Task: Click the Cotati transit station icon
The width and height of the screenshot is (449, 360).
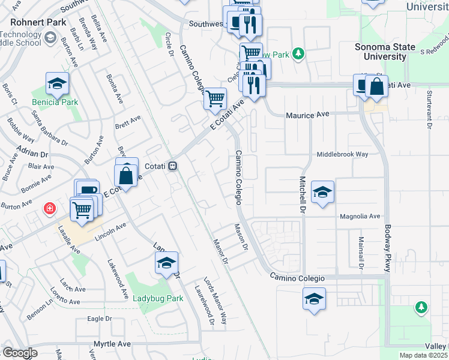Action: coord(172,166)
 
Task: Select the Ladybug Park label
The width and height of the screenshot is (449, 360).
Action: coord(157,298)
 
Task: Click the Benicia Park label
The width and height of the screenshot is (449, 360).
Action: coord(55,102)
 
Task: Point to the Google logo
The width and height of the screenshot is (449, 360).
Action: coord(20,353)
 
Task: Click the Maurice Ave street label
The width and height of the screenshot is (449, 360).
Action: coord(308,114)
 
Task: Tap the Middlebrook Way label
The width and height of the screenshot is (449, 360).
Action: coord(342,154)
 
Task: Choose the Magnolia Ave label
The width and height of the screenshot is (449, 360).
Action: coord(360,216)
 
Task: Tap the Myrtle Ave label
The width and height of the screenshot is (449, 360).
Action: coord(112,344)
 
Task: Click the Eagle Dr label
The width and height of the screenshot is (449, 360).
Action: coord(100,319)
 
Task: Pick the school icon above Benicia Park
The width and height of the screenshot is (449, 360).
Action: coord(57,83)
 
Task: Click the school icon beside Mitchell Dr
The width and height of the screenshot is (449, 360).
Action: coord(322,192)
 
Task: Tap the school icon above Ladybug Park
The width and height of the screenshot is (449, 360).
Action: coord(166,262)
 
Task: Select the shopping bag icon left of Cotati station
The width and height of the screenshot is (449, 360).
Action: coord(126,176)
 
